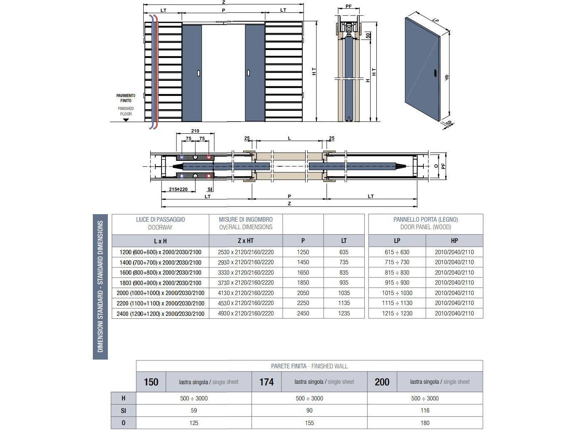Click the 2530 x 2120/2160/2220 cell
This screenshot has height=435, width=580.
(246, 252)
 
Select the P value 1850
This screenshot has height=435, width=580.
(303, 282)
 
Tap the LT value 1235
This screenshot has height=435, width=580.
(344, 313)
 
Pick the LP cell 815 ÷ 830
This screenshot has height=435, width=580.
(397, 272)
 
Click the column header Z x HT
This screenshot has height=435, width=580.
(246, 241)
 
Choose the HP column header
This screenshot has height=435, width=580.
(454, 241)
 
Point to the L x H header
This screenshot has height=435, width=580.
(160, 241)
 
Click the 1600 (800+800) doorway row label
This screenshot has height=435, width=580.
(160, 272)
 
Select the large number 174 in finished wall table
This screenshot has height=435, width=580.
(266, 382)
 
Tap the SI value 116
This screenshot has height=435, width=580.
(425, 410)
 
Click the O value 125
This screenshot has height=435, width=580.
(194, 423)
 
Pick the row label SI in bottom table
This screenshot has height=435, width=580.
(123, 410)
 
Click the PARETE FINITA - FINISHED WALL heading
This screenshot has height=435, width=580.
(309, 366)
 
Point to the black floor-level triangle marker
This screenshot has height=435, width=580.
(126, 120)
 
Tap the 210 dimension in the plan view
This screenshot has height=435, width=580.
(195, 131)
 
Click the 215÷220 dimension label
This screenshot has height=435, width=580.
(178, 189)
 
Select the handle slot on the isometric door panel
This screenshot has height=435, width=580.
(435, 73)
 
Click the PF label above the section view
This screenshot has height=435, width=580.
(348, 7)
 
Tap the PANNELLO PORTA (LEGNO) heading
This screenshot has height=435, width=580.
(426, 220)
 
